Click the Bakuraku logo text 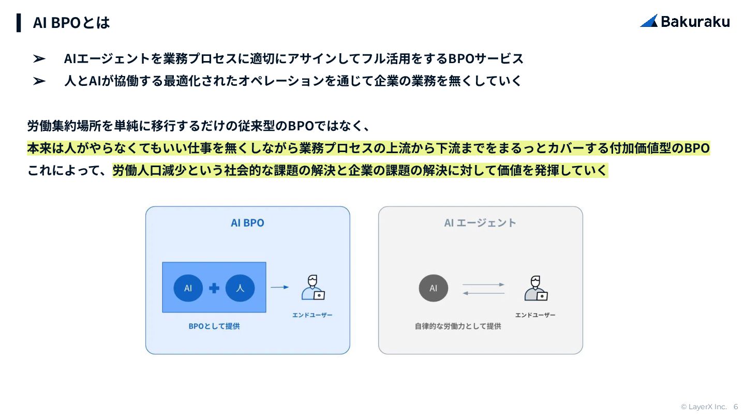pyautogui.click(x=695, y=21)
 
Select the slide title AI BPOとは pyautogui.click(x=71, y=23)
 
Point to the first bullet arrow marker pyautogui.click(x=39, y=59)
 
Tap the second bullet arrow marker pyautogui.click(x=39, y=81)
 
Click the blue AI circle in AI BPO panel pyautogui.click(x=188, y=288)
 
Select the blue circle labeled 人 pyautogui.click(x=240, y=288)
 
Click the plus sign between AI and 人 pyautogui.click(x=214, y=288)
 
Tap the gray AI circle pyautogui.click(x=434, y=288)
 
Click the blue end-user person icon pyautogui.click(x=313, y=288)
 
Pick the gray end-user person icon pyautogui.click(x=535, y=288)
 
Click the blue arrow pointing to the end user pyautogui.click(x=279, y=287)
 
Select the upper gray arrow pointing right pyautogui.click(x=483, y=285)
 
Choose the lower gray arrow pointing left pyautogui.click(x=483, y=293)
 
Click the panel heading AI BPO pyautogui.click(x=247, y=223)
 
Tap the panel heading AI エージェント pyautogui.click(x=480, y=223)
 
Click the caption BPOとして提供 pyautogui.click(x=214, y=326)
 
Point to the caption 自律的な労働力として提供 pyautogui.click(x=458, y=326)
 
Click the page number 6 pyautogui.click(x=736, y=407)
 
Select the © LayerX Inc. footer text pyautogui.click(x=704, y=407)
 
